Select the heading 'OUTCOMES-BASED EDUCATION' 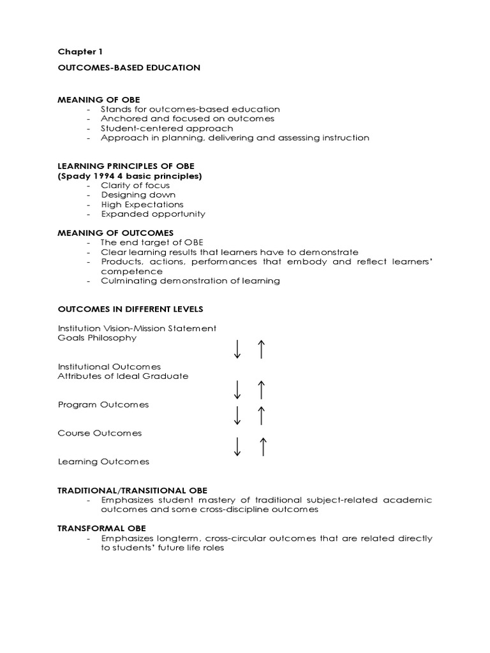point(129,67)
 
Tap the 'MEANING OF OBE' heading point(99,99)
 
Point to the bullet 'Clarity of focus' point(135,185)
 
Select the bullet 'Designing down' point(138,194)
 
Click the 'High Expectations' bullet point(142,204)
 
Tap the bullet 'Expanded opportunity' point(153,214)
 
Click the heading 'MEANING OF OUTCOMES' point(115,233)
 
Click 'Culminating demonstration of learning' point(190,281)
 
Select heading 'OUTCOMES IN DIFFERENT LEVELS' point(130,309)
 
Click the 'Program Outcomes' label point(103,404)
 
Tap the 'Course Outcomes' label point(100,433)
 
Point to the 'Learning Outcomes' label point(103,461)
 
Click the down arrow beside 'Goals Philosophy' point(237,349)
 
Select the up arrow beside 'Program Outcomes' point(260,415)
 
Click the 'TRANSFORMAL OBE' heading point(102,528)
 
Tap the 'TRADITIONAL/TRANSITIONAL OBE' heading point(133,490)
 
